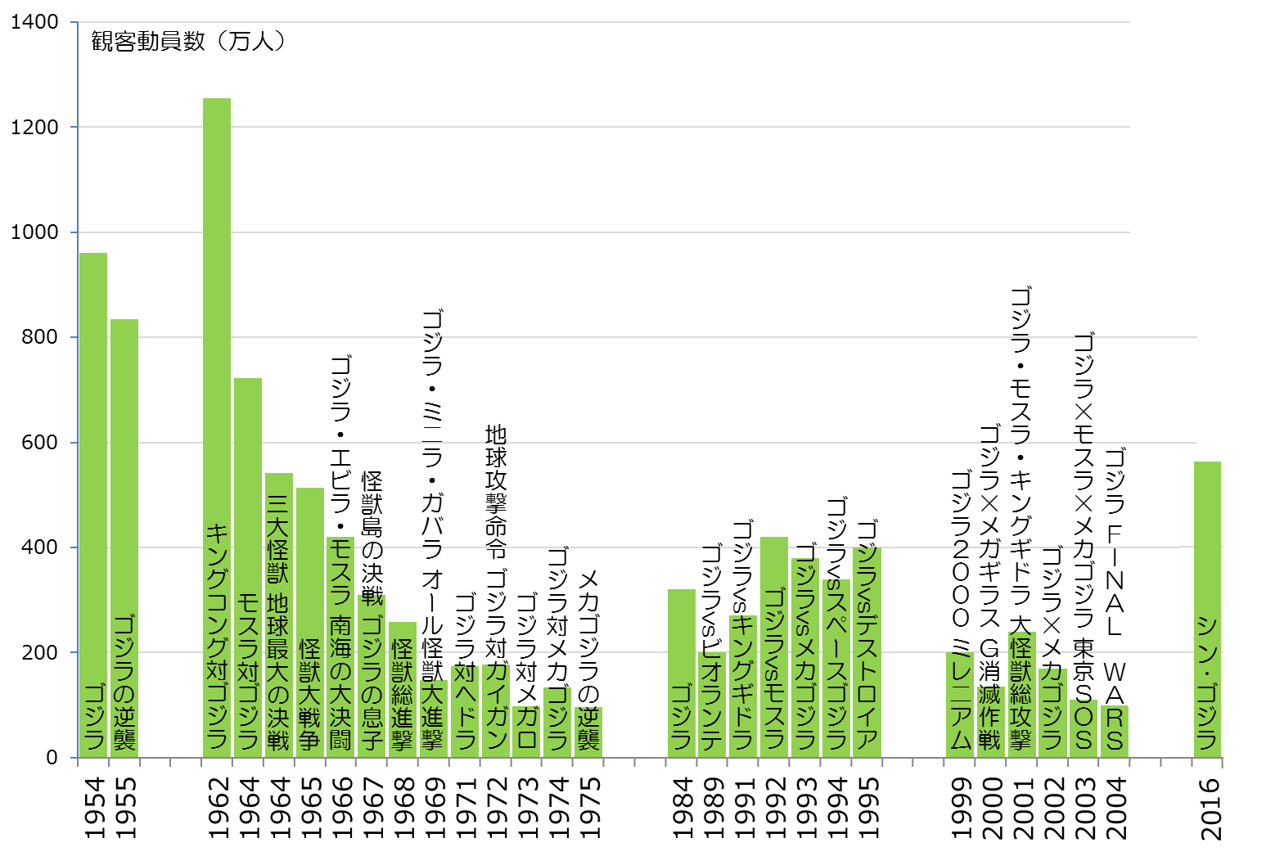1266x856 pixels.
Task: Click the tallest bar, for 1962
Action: pos(217,327)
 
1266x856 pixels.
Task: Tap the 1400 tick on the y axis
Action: pos(34,22)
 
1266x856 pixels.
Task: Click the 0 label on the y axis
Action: pos(52,758)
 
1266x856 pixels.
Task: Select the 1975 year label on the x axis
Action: pos(589,807)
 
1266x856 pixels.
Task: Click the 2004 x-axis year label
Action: pos(1115,807)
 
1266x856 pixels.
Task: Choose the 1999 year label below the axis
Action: pos(961,807)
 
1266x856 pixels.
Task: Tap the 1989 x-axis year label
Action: pos(713,807)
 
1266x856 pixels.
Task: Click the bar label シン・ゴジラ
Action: pos(1207,683)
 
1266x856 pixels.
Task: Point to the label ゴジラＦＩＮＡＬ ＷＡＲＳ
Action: pos(1115,597)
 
